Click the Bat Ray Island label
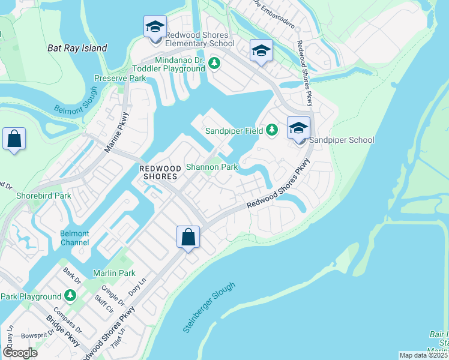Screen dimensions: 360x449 77,48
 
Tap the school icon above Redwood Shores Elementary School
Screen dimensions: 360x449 155,28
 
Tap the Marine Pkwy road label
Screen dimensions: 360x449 116,132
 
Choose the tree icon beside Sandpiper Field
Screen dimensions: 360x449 272,130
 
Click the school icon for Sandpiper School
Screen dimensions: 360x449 298,128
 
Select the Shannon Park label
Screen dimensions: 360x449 212,167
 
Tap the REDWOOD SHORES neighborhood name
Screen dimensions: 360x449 158,173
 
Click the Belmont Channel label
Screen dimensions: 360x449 74,238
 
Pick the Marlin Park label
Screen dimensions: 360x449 113,273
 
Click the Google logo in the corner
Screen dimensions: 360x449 20,352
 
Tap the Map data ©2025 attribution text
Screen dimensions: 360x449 423,355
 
